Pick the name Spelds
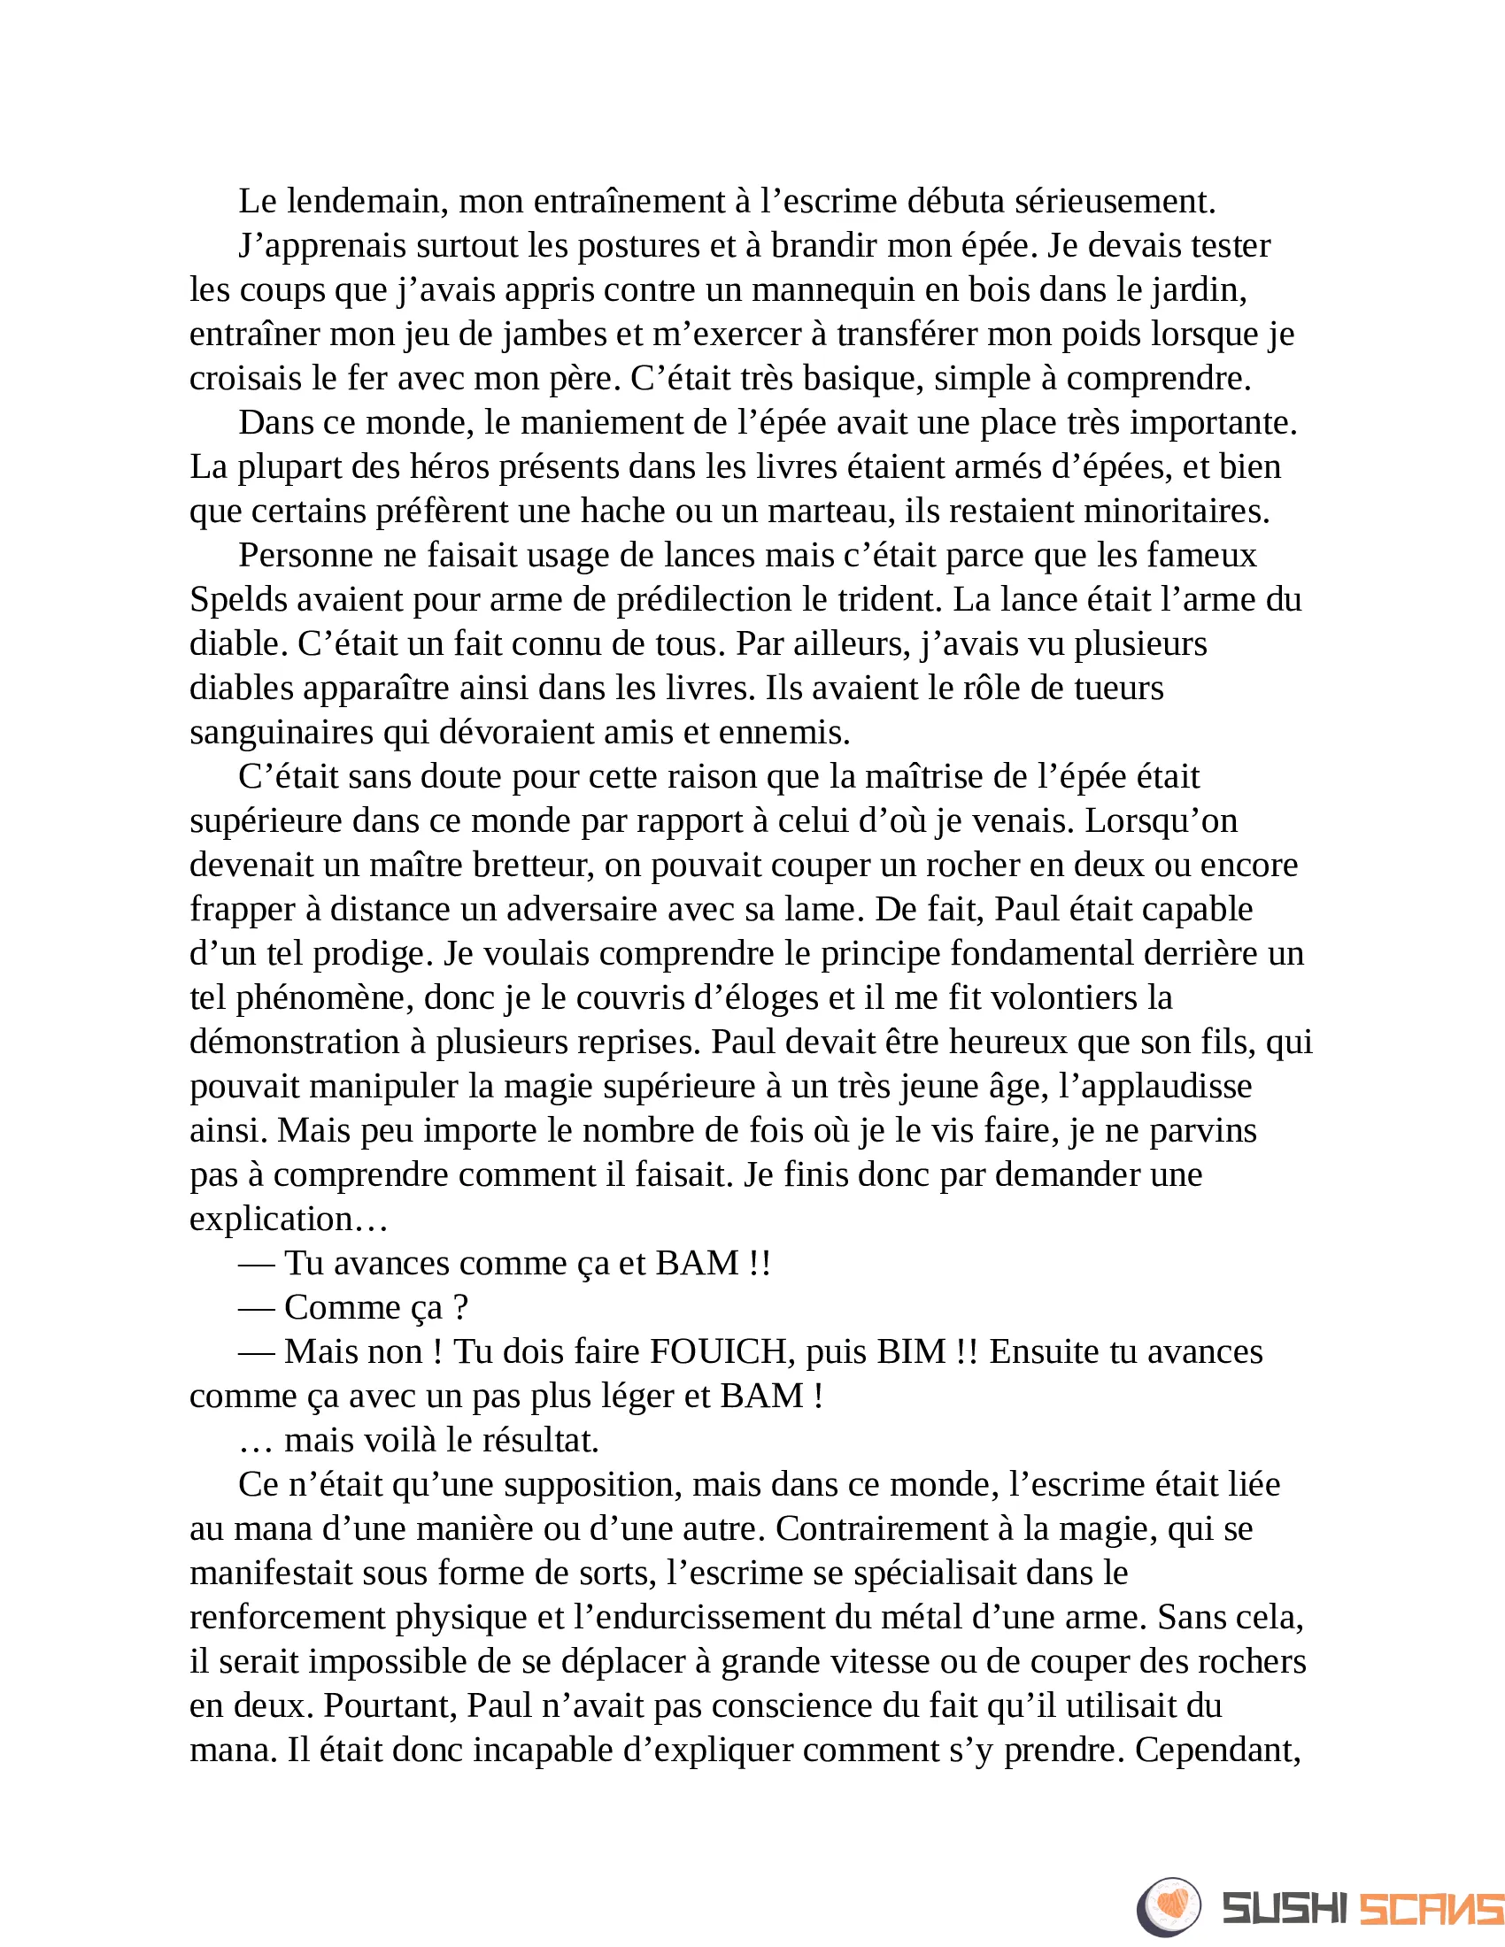[237, 599]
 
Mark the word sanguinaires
[281, 732]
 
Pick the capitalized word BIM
[911, 1351]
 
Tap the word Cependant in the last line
[1217, 1750]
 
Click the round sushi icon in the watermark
[1169, 1907]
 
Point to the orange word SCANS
[1431, 1909]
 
